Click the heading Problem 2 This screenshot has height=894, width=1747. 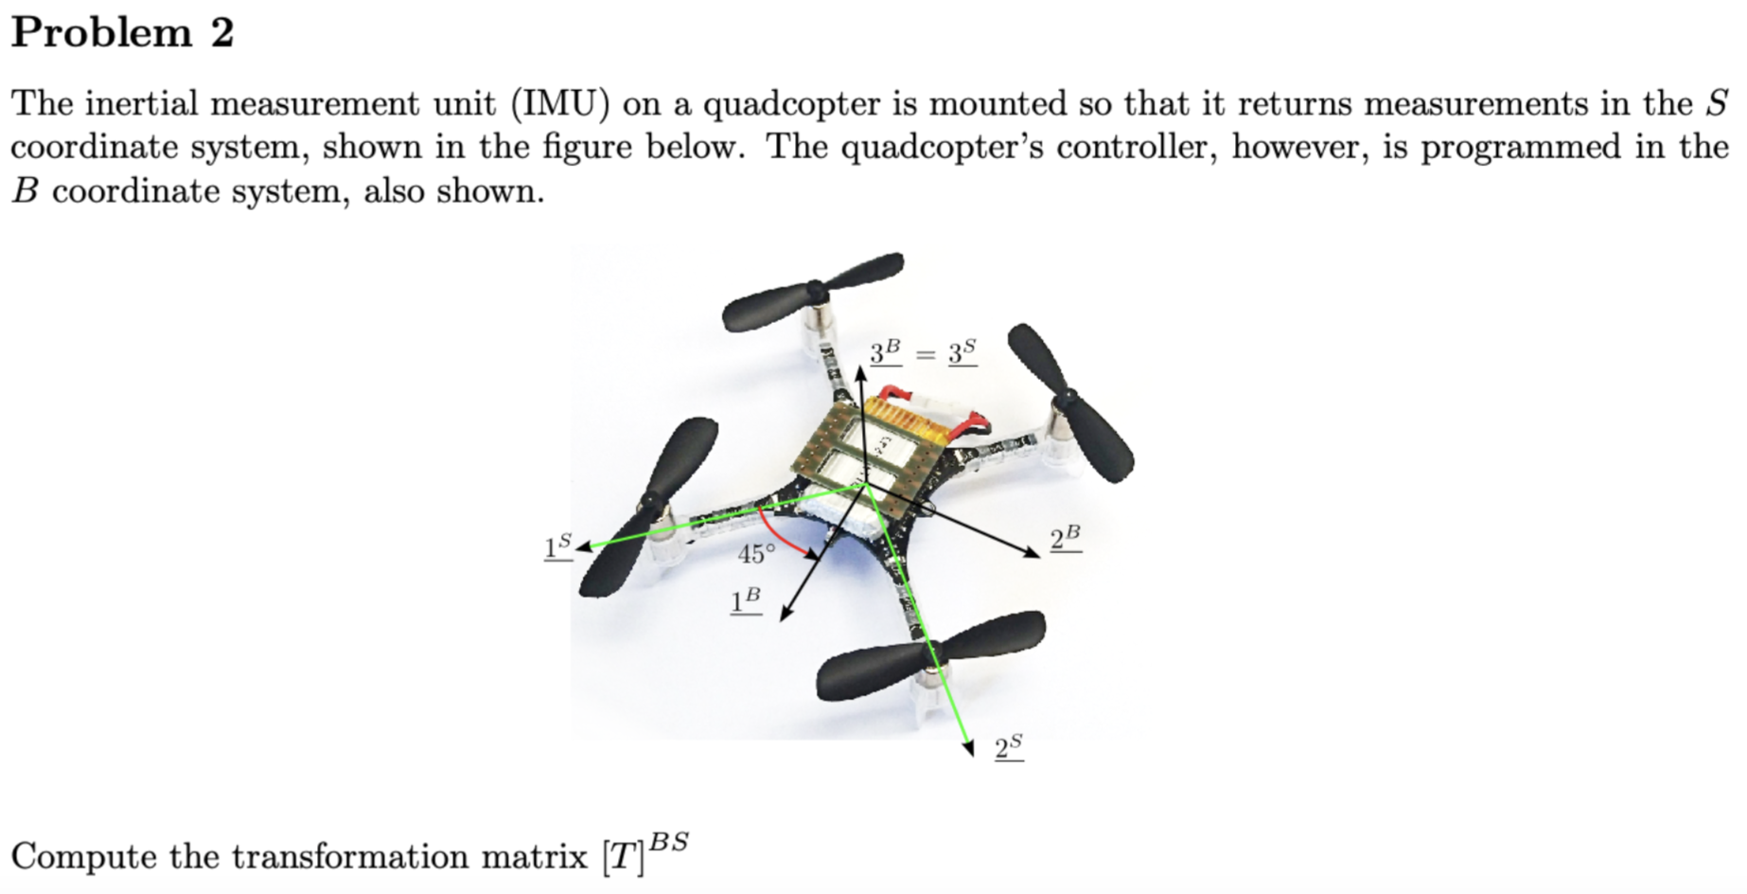(x=122, y=33)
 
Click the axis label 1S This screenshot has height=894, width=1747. (x=557, y=546)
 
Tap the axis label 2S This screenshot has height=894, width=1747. (x=1009, y=747)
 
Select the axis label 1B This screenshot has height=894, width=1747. (x=746, y=600)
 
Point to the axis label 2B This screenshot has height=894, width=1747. (x=1066, y=539)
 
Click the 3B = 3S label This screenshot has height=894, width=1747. (x=923, y=353)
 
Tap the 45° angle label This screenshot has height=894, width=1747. (x=756, y=553)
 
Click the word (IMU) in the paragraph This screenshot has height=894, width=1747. (x=559, y=103)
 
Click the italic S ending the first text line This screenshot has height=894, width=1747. (x=1717, y=103)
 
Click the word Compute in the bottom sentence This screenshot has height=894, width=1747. (x=84, y=856)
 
